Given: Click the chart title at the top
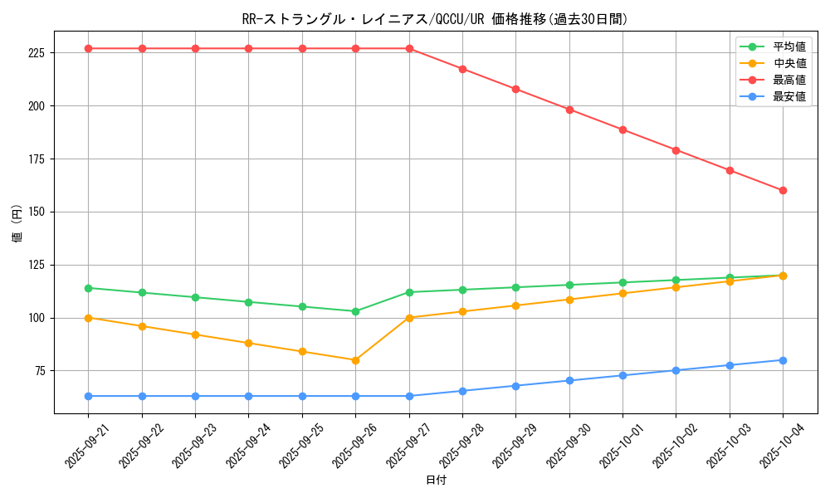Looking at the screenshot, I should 435,19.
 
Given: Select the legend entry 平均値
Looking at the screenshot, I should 789,46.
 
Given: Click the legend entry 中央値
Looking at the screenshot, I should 789,63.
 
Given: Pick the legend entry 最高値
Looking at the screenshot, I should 789,80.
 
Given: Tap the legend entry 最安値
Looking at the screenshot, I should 789,96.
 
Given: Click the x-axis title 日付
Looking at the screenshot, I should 436,481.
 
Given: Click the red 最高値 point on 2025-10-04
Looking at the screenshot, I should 783,190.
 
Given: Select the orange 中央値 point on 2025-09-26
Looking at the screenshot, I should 355,360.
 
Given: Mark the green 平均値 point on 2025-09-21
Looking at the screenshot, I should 89,288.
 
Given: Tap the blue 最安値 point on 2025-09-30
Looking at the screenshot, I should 569,380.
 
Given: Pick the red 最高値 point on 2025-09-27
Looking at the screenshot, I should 409,48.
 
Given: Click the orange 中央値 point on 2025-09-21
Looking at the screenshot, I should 89,318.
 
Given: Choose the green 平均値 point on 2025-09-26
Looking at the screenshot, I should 355,311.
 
